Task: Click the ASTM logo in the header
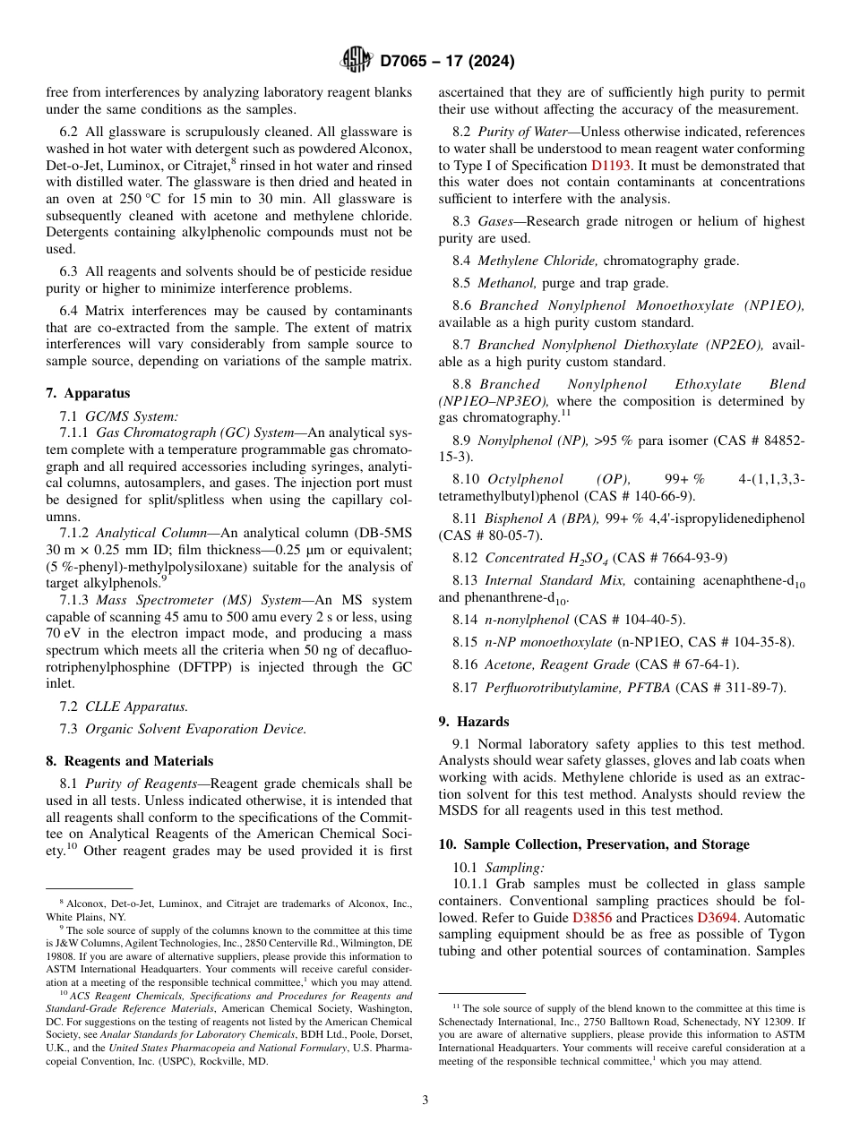(357, 61)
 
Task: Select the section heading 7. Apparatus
(88, 393)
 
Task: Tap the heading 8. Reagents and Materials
(129, 761)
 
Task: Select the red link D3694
(716, 918)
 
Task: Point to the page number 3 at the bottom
(425, 1100)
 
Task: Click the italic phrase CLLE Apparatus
(136, 707)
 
